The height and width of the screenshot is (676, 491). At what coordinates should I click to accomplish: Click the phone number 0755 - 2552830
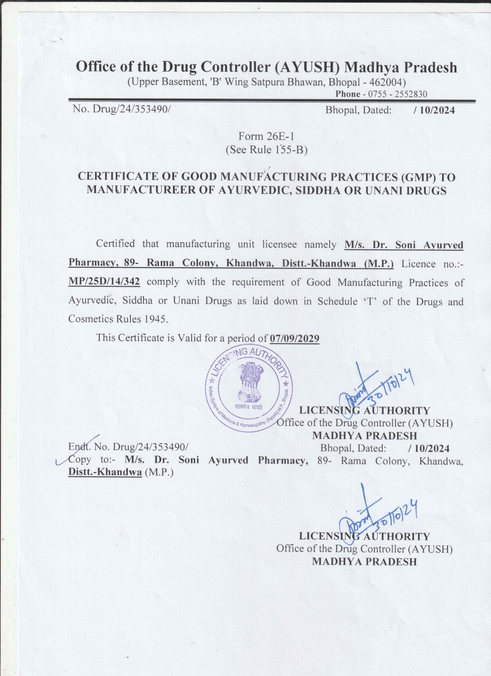pos(398,94)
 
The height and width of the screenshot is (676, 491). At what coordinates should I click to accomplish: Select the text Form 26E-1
pos(266,136)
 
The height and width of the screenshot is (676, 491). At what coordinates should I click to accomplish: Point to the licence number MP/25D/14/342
pos(104,281)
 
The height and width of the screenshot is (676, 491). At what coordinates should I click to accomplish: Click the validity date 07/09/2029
pos(294,338)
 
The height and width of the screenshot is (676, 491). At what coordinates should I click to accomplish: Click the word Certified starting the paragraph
pos(115,244)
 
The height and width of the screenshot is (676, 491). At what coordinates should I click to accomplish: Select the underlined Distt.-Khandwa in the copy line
pos(105,472)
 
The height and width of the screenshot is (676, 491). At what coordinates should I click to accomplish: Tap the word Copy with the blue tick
pos(79,460)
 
